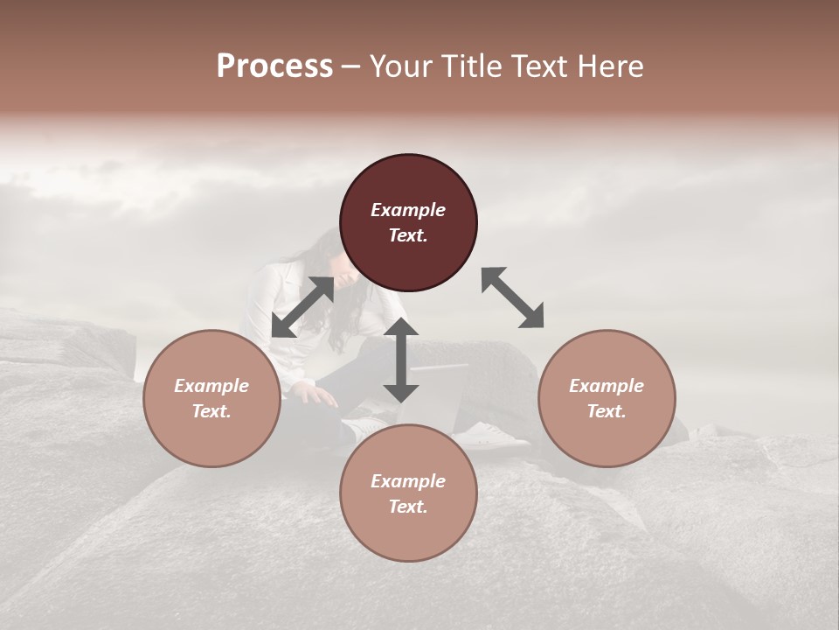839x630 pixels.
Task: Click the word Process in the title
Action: point(274,66)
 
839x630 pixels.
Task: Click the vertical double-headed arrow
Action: point(401,360)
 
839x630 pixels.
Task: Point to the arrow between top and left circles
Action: point(302,307)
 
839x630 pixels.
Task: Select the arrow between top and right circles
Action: point(513,297)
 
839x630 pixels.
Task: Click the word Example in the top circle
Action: point(408,210)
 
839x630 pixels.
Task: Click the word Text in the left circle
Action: point(211,411)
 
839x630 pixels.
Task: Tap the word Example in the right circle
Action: point(607,386)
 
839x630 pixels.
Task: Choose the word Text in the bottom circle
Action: point(408,507)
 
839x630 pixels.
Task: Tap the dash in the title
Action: point(350,66)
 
